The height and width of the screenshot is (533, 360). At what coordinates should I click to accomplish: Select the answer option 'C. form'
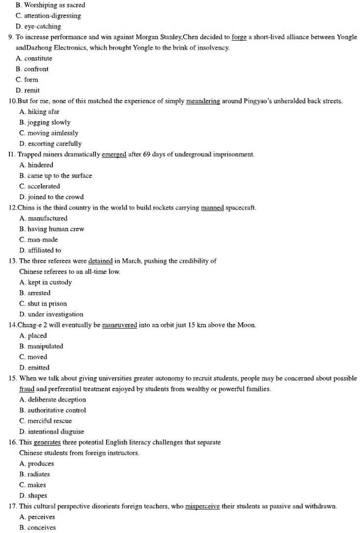tap(27, 80)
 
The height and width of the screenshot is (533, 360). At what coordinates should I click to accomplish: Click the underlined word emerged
tap(114, 155)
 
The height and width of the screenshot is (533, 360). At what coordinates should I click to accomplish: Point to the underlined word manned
tap(212, 208)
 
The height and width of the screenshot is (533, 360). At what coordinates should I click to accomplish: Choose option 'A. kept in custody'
tap(45, 282)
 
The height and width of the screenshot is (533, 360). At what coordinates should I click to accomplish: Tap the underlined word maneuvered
tap(119, 325)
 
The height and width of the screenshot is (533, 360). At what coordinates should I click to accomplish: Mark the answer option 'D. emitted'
tap(34, 368)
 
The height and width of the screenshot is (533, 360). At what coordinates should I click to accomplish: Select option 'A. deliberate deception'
tap(53, 399)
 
